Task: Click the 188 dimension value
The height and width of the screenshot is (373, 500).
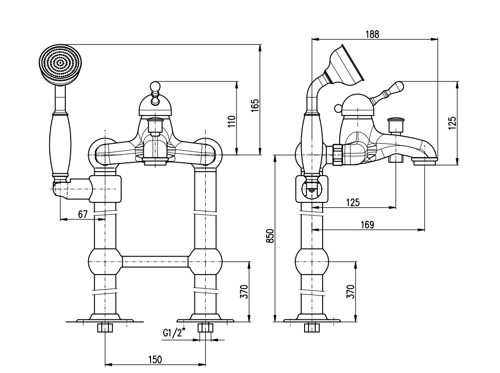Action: click(372, 34)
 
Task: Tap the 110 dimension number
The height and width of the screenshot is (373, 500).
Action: click(232, 121)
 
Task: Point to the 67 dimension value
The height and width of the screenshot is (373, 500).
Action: click(82, 214)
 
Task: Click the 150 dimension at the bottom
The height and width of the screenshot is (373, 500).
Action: click(155, 360)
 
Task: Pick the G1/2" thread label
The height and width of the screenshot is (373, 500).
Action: click(174, 333)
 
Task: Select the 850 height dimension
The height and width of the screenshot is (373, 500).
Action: click(270, 236)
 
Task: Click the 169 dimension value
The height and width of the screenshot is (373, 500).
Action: click(367, 225)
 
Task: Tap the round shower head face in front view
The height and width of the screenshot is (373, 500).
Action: click(60, 65)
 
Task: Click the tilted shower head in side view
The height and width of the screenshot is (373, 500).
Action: click(345, 65)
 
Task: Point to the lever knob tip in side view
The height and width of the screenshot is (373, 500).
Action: click(399, 86)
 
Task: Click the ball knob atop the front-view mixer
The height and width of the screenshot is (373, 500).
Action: click(155, 86)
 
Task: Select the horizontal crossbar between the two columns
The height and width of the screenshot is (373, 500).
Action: click(155, 262)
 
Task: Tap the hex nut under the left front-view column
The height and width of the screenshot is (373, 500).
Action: click(105, 328)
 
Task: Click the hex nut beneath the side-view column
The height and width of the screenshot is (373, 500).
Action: click(311, 328)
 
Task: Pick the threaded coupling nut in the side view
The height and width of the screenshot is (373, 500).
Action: click(337, 155)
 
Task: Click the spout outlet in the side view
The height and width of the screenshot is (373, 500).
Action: click(424, 161)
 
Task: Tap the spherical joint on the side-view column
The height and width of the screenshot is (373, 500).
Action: click(311, 262)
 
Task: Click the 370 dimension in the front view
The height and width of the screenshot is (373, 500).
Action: click(244, 292)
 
